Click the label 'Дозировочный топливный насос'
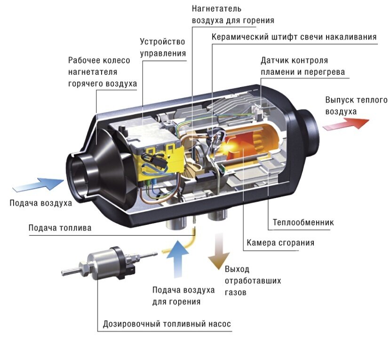coord(167,325)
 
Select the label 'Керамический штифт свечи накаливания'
coord(294,37)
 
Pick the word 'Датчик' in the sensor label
coord(274,61)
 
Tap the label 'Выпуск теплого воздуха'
coord(356,106)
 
